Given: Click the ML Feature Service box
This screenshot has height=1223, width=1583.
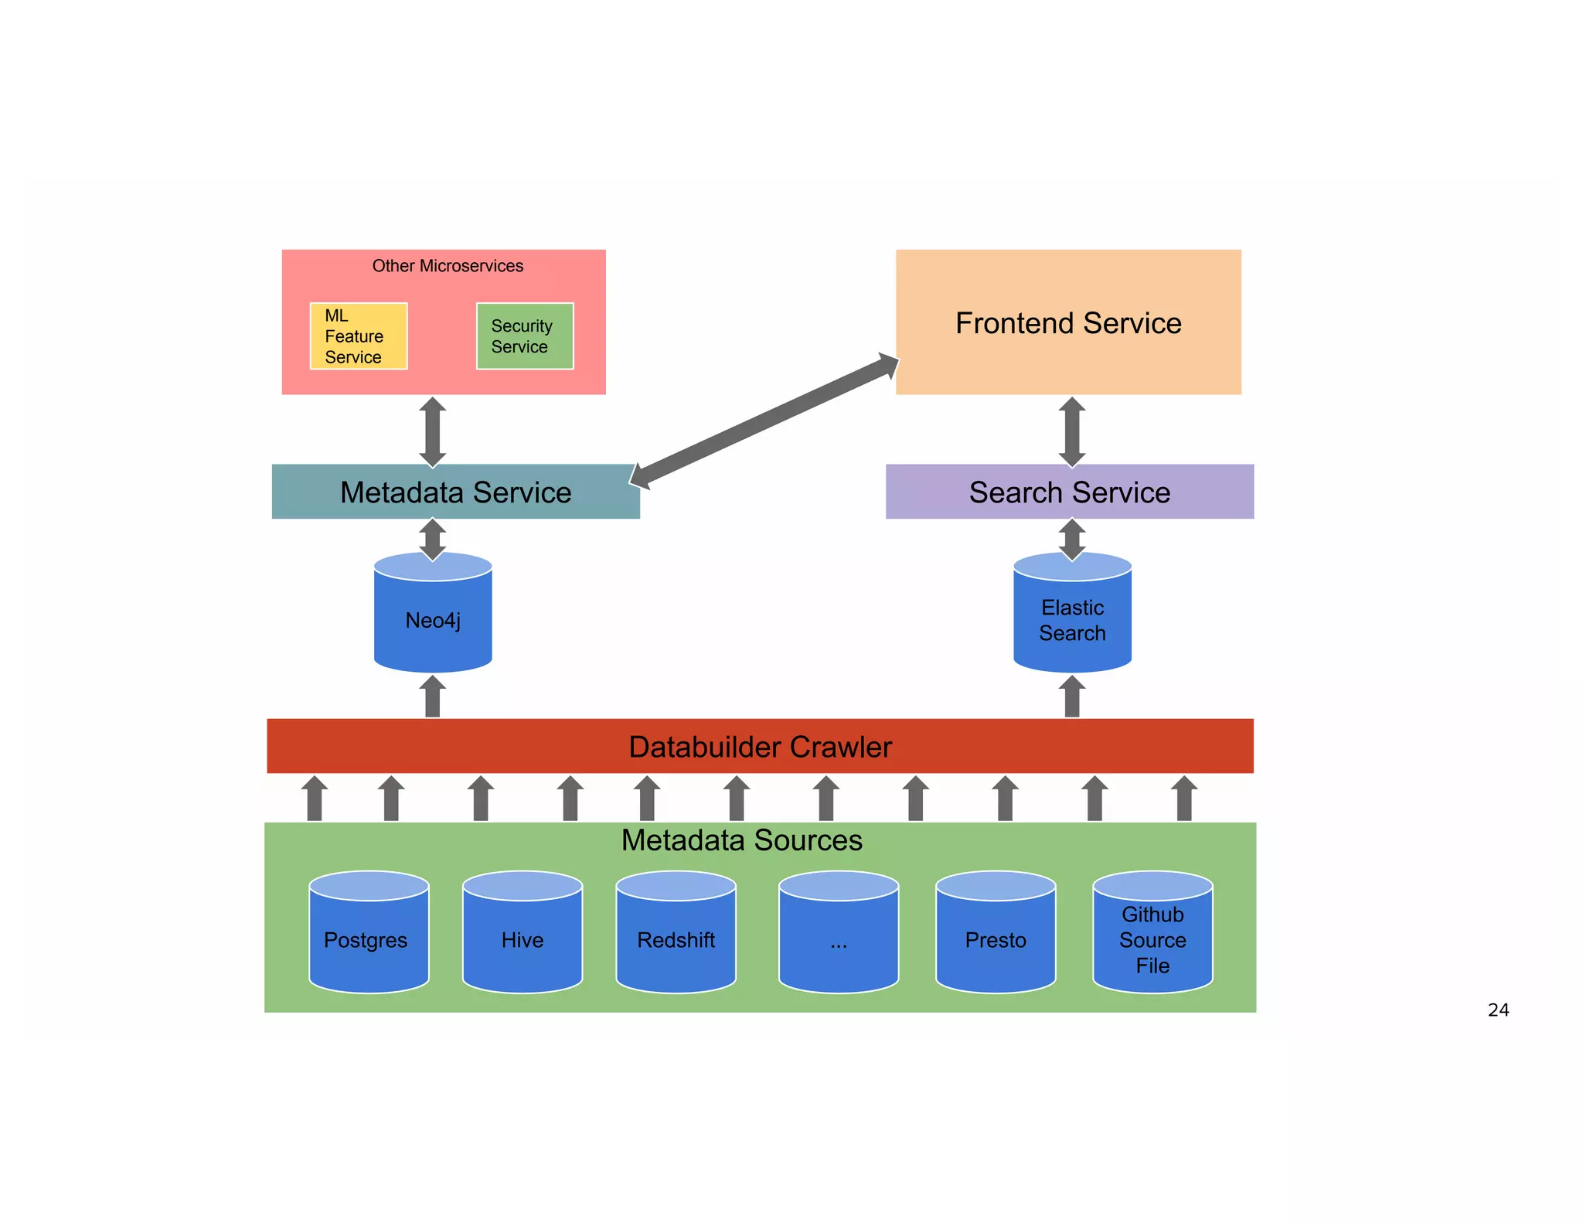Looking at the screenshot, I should [358, 336].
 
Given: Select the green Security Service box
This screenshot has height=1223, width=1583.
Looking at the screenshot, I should [525, 336].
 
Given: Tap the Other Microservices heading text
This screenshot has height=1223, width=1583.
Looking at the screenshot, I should [448, 266].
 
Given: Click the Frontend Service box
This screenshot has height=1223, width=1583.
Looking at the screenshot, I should [1068, 322].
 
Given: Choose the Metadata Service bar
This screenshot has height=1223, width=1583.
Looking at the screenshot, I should [455, 492].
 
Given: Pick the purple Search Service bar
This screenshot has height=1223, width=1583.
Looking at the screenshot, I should [1069, 492].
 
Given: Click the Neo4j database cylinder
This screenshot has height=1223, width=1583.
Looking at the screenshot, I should [433, 618].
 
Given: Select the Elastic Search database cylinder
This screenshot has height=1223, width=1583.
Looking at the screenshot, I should [1072, 618].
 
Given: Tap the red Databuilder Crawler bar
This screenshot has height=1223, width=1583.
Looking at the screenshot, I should [760, 746].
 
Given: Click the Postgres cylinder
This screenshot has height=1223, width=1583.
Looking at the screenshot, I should [369, 939].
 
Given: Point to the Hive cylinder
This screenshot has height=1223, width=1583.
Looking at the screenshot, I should [523, 939].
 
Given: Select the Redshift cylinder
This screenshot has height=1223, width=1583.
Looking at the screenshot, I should [676, 939].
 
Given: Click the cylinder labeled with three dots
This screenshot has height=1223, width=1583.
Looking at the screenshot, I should [839, 939].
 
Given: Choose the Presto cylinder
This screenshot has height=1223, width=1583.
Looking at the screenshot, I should [996, 939].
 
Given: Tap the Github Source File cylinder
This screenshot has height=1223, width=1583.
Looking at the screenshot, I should [1152, 939].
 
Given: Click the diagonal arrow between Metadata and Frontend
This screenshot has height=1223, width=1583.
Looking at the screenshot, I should [765, 422].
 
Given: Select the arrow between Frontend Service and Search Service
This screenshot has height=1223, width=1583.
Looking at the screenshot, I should [1072, 431].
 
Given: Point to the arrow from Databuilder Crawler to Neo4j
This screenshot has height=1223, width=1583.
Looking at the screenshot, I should [433, 697].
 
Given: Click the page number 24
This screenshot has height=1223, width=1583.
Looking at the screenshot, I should [1498, 1010].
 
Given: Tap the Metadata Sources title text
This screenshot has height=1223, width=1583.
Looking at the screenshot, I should [741, 840].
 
